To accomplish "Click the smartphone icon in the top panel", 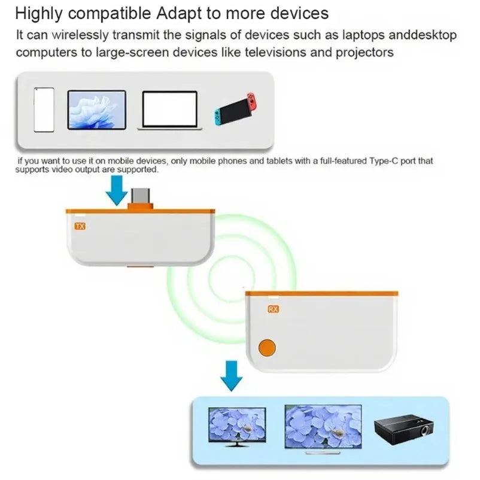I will pos(44,110).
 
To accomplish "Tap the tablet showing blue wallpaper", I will pos(97,110).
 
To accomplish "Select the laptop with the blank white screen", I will pos(169,111).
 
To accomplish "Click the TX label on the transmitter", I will pos(80,227).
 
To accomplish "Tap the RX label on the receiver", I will pos(274,309).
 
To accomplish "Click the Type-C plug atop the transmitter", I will pos(139,197).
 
